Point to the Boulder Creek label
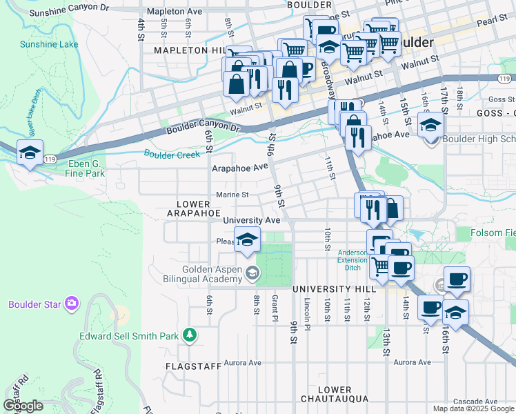[x=171, y=155]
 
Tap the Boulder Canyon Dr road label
[x=202, y=129]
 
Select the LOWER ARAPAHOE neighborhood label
[x=192, y=209]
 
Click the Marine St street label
[x=232, y=195]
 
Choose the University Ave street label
[x=251, y=220]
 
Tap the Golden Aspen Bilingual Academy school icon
[x=252, y=274]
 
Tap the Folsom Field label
[x=493, y=233]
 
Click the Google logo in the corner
[x=23, y=406]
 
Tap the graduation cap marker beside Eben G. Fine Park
[x=30, y=152]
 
